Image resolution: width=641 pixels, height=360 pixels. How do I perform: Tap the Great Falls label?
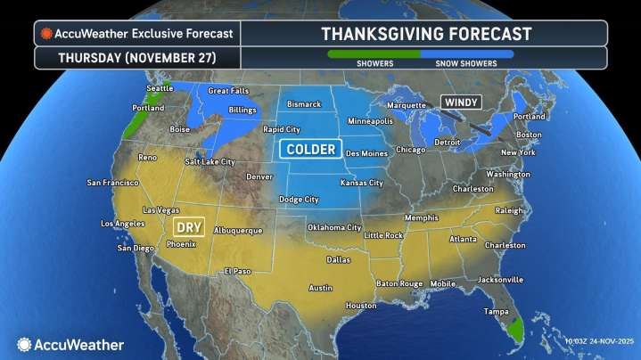(226, 90)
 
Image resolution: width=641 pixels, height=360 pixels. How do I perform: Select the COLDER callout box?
(310, 149)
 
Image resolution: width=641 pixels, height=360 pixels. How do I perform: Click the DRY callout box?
(190, 226)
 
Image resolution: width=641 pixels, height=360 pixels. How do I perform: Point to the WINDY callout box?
(461, 102)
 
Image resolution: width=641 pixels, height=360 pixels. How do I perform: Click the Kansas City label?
(363, 183)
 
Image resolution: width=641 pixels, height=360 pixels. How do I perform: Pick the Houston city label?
(361, 305)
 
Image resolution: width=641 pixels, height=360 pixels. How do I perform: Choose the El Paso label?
(238, 270)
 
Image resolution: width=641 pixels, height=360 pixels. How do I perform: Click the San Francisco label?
(111, 183)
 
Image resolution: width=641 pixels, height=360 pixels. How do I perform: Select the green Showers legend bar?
(374, 53)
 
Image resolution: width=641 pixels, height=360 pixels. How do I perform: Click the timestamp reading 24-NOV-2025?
(604, 341)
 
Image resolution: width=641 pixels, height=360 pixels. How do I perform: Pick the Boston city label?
(530, 135)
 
